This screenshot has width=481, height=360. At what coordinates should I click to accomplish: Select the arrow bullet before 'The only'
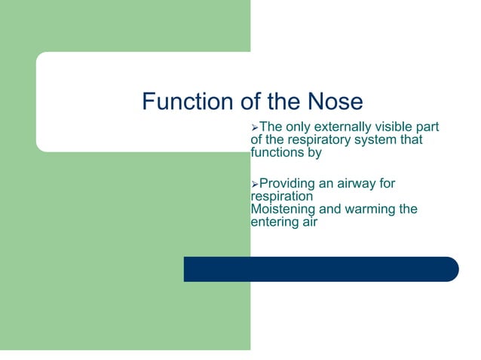(x=254, y=127)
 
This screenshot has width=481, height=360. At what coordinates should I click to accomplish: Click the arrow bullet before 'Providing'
(x=254, y=184)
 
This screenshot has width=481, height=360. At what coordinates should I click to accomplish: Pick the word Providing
(x=289, y=184)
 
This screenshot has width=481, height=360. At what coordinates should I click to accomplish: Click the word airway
(x=369, y=184)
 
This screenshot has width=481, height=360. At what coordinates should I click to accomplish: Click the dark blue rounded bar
(x=320, y=269)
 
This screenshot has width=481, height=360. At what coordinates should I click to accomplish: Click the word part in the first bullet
(x=427, y=127)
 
